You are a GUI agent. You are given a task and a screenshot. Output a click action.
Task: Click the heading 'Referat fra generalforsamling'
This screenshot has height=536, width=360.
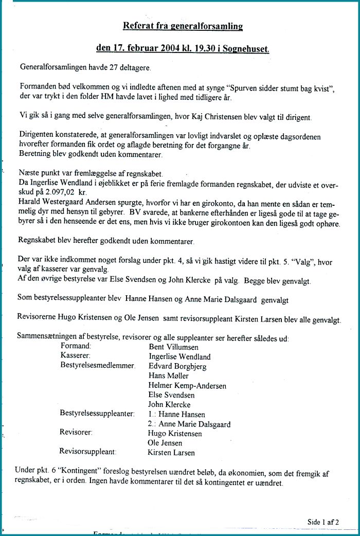pyautogui.click(x=183, y=26)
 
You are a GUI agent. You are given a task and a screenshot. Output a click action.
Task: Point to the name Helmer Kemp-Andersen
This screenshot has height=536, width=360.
pyautogui.click(x=187, y=385)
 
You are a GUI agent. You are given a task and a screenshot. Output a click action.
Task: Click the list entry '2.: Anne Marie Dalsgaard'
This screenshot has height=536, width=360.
pyautogui.click(x=189, y=424)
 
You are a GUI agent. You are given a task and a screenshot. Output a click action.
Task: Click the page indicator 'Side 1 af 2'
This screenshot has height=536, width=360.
pyautogui.click(x=323, y=522)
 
